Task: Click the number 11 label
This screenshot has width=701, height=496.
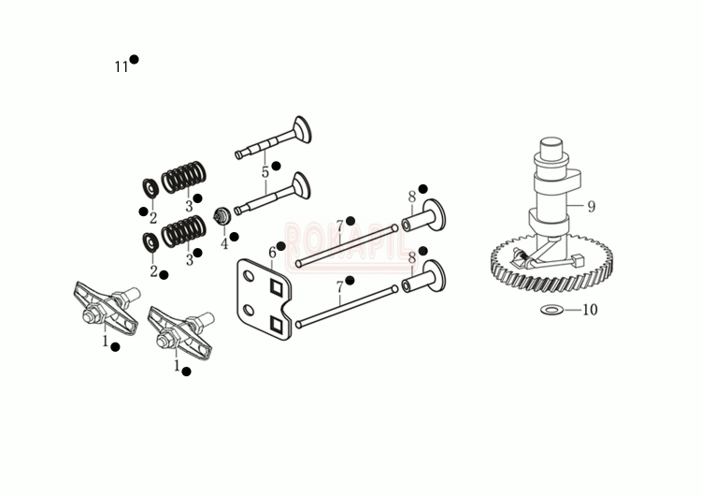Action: point(121,66)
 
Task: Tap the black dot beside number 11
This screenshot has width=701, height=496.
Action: point(135,59)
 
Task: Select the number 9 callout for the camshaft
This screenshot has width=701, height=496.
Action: point(591,207)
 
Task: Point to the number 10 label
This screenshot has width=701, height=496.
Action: point(590,310)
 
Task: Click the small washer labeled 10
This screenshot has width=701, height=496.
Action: point(551,309)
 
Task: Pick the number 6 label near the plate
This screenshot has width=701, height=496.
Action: point(272,253)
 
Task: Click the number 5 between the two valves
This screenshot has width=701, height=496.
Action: point(265,171)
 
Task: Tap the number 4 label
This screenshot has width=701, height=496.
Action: point(223,244)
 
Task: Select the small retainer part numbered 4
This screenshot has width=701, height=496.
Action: point(223,217)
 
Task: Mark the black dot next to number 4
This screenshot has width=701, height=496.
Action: point(234,236)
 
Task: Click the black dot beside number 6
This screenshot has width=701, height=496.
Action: point(281,246)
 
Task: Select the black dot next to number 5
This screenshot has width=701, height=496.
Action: point(276,166)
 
